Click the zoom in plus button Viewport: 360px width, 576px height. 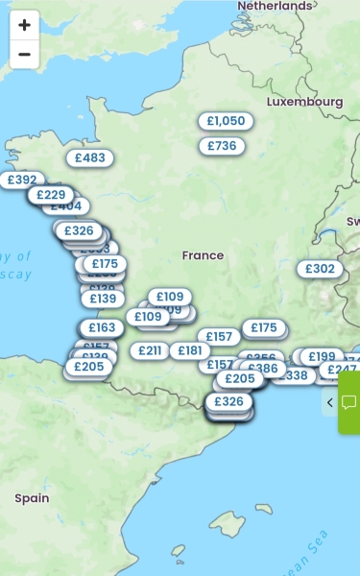(x=24, y=25)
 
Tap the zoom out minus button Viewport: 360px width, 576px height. (x=24, y=55)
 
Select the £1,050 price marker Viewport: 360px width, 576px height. (x=227, y=121)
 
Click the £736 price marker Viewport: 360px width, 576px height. (x=222, y=146)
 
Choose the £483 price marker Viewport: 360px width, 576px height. (x=89, y=158)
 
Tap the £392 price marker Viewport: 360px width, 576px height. (x=20, y=180)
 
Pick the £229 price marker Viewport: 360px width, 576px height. (x=50, y=195)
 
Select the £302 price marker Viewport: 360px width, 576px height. (x=320, y=269)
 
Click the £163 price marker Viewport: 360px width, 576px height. (x=102, y=327)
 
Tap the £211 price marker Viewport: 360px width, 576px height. (x=150, y=350)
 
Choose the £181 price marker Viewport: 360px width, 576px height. (x=189, y=350)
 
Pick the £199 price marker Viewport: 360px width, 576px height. (x=322, y=357)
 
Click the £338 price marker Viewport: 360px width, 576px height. (x=294, y=375)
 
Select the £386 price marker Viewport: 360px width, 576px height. (x=262, y=368)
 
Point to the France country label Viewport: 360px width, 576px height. (x=203, y=255)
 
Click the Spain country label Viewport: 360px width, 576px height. (x=32, y=498)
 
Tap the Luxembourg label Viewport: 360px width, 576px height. (x=304, y=102)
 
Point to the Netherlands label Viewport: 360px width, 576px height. (x=275, y=6)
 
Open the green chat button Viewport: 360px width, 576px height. (x=349, y=402)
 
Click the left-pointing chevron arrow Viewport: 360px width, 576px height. (x=329, y=402)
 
